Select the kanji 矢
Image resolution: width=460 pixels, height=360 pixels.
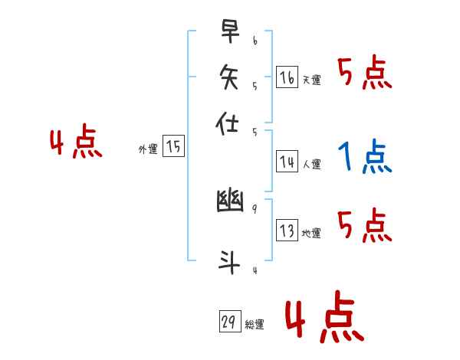230,77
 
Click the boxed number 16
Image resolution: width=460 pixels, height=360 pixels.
287,77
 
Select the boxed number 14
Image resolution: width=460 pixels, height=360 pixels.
287,162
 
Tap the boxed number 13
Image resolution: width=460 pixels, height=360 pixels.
287,231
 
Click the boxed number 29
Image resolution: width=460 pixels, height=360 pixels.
229,322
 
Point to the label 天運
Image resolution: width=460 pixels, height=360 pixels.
311,80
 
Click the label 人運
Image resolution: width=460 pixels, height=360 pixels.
311,164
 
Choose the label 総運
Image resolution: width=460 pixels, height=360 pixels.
255,325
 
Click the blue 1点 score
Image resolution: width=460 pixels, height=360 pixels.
364,158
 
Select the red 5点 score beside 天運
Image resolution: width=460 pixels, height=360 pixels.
364,74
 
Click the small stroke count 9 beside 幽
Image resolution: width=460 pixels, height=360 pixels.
254,208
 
